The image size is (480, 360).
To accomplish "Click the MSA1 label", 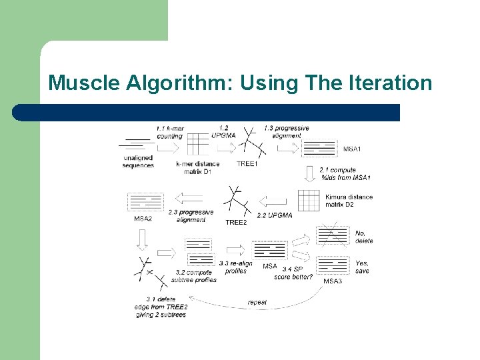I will (x=353, y=149).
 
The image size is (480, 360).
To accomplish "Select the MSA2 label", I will (x=143, y=219).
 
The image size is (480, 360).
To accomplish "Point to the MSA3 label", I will (x=333, y=281).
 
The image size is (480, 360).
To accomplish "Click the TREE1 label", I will (x=247, y=164).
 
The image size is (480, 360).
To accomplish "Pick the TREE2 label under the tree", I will (x=236, y=222).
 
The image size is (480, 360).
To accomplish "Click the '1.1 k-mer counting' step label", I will (x=170, y=132).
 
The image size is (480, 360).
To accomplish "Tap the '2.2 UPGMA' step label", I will (x=275, y=215).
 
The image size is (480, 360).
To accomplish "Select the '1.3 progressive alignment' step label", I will (x=287, y=132).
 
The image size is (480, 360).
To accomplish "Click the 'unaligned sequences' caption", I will (x=138, y=161).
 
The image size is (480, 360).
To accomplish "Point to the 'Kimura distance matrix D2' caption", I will (x=349, y=201).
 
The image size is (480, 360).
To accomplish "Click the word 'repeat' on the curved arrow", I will (x=257, y=303).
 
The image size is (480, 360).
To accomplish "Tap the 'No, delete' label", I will (x=364, y=237).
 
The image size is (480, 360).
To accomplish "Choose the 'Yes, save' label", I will (x=362, y=267).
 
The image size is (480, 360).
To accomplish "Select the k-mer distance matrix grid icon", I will (x=197, y=143).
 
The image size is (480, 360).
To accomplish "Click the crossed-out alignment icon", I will (x=333, y=235).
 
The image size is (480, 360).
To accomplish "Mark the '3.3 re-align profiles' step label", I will (x=235, y=267).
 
